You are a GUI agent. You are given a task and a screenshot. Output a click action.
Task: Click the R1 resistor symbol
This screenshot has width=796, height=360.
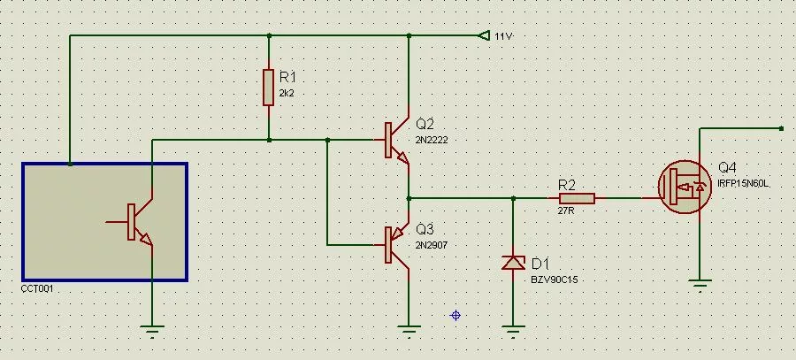click(268, 87)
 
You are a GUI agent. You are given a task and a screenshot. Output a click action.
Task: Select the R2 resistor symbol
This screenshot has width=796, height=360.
click(577, 198)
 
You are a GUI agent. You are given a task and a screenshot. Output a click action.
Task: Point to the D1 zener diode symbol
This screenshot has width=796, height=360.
click(513, 262)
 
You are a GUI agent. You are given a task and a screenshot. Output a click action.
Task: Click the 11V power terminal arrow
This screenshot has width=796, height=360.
click(483, 35)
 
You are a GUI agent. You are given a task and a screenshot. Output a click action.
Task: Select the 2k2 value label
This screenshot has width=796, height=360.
click(287, 93)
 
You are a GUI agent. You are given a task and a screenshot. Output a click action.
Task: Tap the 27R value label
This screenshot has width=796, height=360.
click(566, 211)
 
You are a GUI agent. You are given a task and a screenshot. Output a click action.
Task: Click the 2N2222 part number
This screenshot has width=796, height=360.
click(432, 140)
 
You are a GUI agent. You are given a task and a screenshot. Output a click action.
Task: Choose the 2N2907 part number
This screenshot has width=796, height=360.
click(432, 244)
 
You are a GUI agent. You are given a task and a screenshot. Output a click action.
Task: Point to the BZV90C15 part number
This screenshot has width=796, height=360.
click(555, 280)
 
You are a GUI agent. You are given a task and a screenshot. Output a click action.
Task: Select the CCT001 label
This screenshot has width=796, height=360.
click(38, 288)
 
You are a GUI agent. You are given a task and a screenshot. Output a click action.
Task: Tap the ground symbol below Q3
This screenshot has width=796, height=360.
click(408, 331)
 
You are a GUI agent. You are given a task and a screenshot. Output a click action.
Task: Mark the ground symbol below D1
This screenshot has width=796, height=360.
click(513, 332)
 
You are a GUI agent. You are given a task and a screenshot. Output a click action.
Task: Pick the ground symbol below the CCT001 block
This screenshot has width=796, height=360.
click(153, 331)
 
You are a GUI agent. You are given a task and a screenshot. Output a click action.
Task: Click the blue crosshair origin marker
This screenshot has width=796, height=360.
click(455, 314)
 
